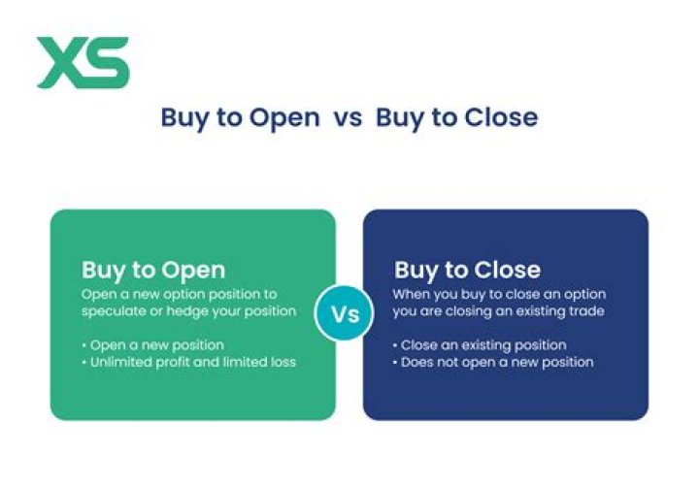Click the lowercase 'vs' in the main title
(x=347, y=117)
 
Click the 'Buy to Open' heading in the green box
(x=153, y=271)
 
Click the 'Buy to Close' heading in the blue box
(x=467, y=271)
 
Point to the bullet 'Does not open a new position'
(x=495, y=362)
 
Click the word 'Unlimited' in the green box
(x=118, y=362)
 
